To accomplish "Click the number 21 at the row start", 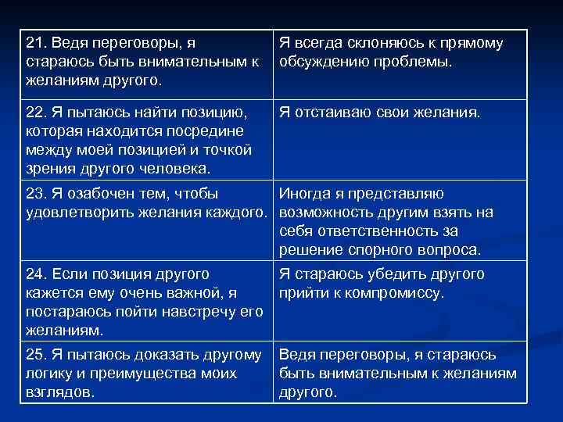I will click(35, 44).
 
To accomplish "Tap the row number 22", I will click(35, 113).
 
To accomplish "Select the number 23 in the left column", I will click(35, 193).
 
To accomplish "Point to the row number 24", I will click(35, 274).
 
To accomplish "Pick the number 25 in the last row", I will click(35, 355).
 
